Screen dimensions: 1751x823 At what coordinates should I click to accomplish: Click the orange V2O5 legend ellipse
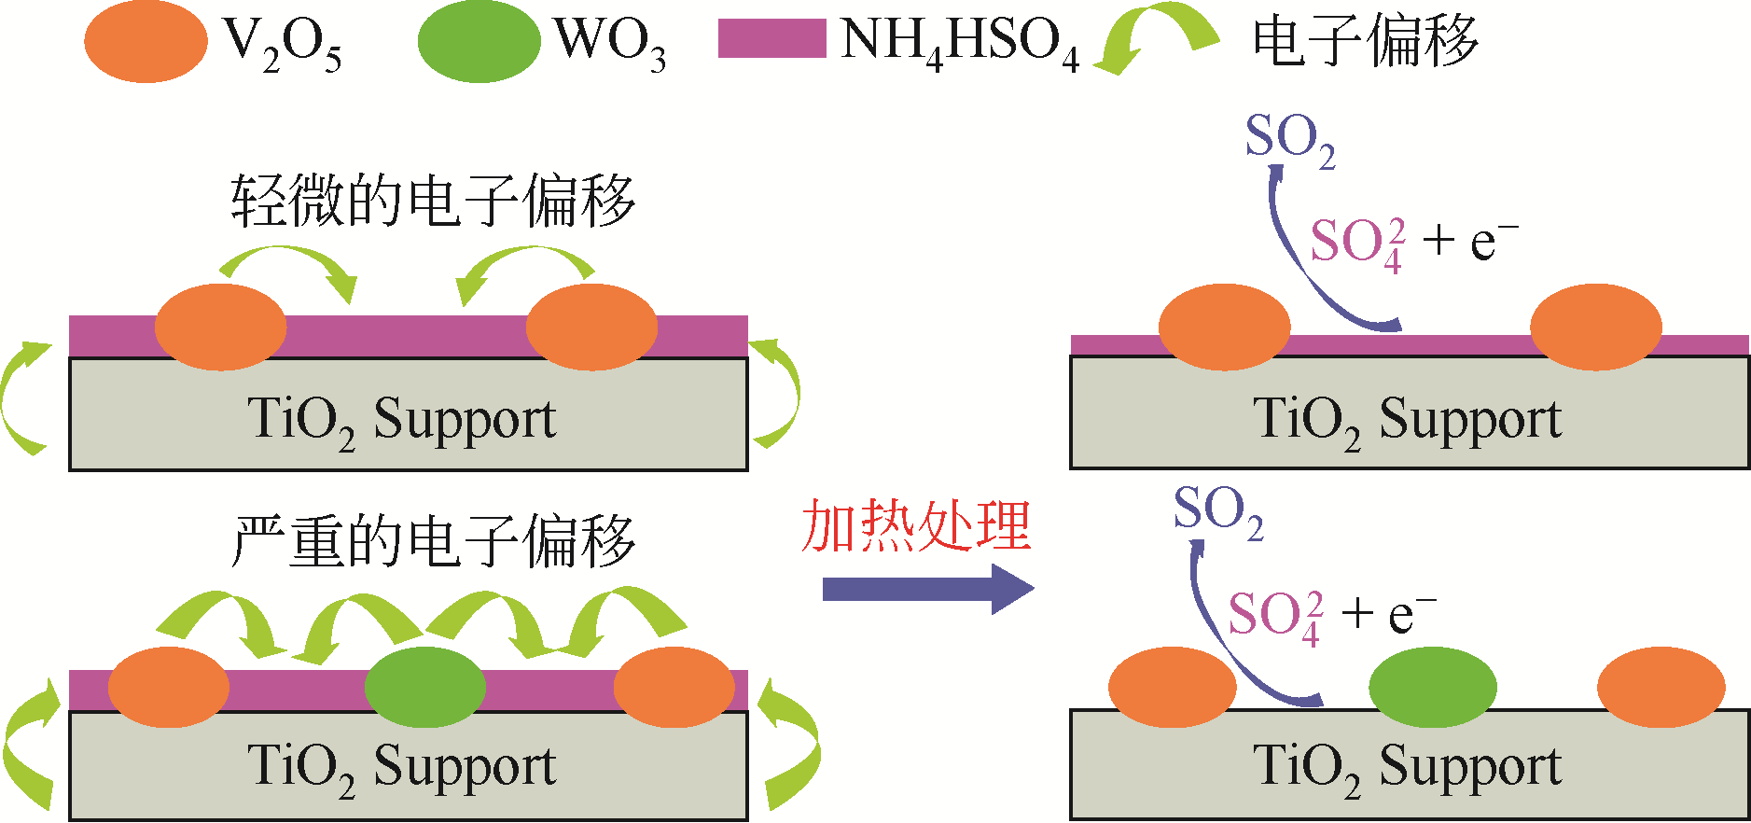[146, 42]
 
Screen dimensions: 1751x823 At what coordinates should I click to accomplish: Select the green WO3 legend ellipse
[479, 42]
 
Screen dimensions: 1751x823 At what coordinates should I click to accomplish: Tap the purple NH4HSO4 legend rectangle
[771, 39]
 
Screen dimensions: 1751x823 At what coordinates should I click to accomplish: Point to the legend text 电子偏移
[1365, 42]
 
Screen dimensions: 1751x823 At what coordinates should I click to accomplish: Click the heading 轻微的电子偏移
[434, 201]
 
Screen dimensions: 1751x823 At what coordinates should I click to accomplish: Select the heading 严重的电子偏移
[434, 540]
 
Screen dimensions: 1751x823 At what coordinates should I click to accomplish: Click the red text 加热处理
[916, 525]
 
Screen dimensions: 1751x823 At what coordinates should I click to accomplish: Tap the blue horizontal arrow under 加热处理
[928, 589]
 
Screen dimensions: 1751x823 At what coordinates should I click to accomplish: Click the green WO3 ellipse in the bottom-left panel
[425, 687]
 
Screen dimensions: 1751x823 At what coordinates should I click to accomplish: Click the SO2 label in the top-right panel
[1290, 140]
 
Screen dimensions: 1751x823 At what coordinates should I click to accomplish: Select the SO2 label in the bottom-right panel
[1218, 511]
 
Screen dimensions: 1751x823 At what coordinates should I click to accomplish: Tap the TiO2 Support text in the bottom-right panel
[1408, 769]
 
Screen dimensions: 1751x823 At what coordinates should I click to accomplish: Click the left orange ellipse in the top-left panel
[220, 327]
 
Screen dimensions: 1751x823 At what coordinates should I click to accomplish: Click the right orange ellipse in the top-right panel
[1596, 327]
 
